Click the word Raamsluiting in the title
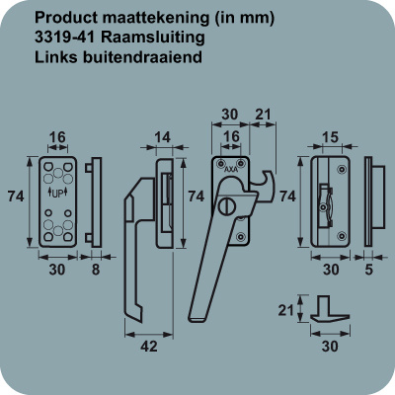point(153,38)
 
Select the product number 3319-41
point(65,38)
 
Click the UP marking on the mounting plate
point(57,194)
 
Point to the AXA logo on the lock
point(231,170)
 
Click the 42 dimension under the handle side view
point(149,347)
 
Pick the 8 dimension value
point(96,270)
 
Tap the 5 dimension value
point(368,270)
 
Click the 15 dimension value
point(330,137)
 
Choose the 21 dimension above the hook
point(263,115)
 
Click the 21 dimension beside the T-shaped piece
point(285,310)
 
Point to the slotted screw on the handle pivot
point(226,206)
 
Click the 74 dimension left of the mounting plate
point(16,197)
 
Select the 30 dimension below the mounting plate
point(57,270)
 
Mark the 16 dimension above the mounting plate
point(57,137)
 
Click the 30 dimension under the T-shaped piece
point(330,347)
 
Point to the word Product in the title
point(66,18)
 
